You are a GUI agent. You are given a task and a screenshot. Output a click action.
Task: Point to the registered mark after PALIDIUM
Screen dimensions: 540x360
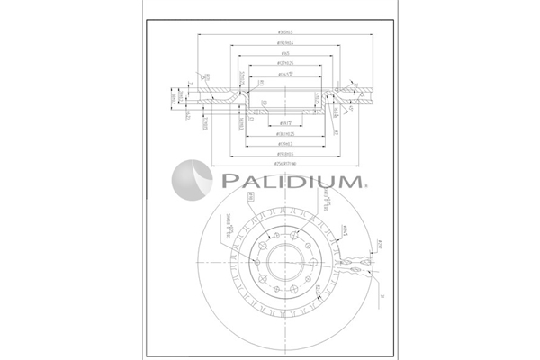(364, 188)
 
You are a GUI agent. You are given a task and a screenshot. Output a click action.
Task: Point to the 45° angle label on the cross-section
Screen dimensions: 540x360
(336, 110)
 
